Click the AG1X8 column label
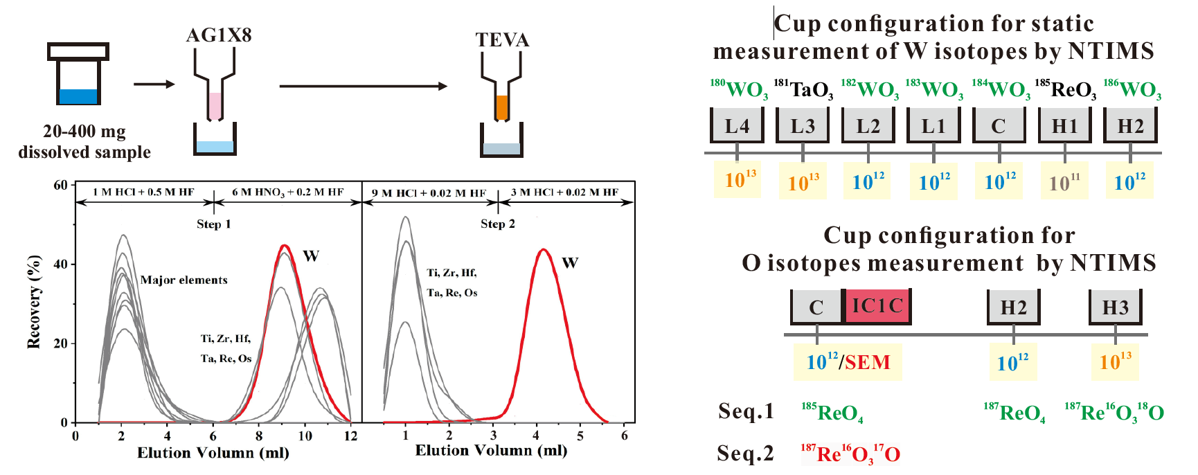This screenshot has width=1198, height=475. pyautogui.click(x=218, y=35)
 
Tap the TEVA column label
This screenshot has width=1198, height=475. pyautogui.click(x=502, y=40)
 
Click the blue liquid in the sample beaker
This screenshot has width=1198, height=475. pyautogui.click(x=78, y=96)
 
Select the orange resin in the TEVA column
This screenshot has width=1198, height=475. pyautogui.click(x=502, y=107)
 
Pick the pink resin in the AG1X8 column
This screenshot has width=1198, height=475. pyautogui.click(x=215, y=105)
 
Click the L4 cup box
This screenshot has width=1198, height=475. pyautogui.click(x=737, y=125)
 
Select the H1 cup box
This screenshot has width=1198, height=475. pyautogui.click(x=1064, y=125)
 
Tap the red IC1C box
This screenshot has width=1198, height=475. pyautogui.click(x=877, y=306)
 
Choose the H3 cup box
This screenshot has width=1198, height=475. pyautogui.click(x=1115, y=307)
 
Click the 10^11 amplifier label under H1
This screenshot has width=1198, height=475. pyautogui.click(x=1064, y=182)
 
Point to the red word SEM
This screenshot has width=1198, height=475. pyautogui.click(x=868, y=362)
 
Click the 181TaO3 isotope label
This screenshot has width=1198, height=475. pyautogui.click(x=803, y=89)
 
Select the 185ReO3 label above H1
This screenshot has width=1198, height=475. pyautogui.click(x=1065, y=89)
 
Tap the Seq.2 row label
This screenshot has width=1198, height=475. pyautogui.click(x=745, y=454)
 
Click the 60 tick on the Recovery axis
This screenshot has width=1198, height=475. pyautogui.click(x=61, y=185)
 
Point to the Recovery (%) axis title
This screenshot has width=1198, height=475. pyautogui.click(x=33, y=302)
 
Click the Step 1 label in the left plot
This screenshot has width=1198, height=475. pyautogui.click(x=213, y=224)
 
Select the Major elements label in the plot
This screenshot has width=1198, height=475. pyautogui.click(x=184, y=280)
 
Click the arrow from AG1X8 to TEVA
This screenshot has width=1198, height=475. pyautogui.click(x=363, y=87)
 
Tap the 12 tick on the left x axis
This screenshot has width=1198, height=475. pyautogui.click(x=350, y=436)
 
